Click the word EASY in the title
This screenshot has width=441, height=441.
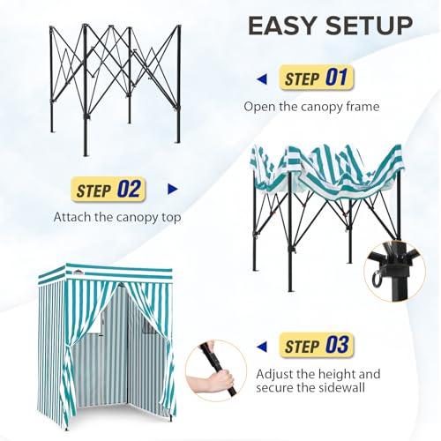coord(281,26)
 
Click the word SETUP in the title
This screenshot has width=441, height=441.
coord(369,26)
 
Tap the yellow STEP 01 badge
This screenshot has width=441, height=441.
coord(317,78)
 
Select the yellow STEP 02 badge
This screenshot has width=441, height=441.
coord(108,189)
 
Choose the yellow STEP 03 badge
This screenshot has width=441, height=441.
coord(317,345)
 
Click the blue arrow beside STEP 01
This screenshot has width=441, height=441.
coord(262,78)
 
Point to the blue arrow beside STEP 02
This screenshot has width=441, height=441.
coord(173,189)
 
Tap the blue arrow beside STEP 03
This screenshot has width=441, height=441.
coord(262,347)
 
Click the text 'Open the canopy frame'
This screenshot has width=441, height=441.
coord(311,107)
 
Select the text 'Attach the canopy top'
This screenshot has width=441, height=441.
coord(117,217)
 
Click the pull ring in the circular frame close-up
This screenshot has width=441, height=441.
coord(377,278)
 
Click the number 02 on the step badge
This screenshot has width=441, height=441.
coord(129,189)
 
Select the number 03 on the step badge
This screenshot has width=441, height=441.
coord(337,344)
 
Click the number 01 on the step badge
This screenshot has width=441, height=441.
coord(336,77)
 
